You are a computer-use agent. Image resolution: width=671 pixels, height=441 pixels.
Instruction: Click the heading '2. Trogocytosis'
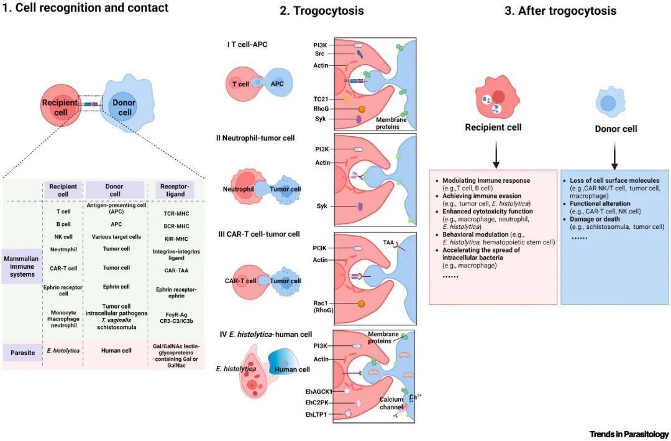(321, 11)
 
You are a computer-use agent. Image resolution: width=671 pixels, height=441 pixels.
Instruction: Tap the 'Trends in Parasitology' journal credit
(629, 434)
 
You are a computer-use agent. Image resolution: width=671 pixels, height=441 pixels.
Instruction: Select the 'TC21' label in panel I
(321, 99)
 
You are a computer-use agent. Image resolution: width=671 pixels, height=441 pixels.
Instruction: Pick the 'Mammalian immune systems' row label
(22, 265)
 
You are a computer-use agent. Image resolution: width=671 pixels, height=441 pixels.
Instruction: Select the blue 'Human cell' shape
(293, 368)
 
